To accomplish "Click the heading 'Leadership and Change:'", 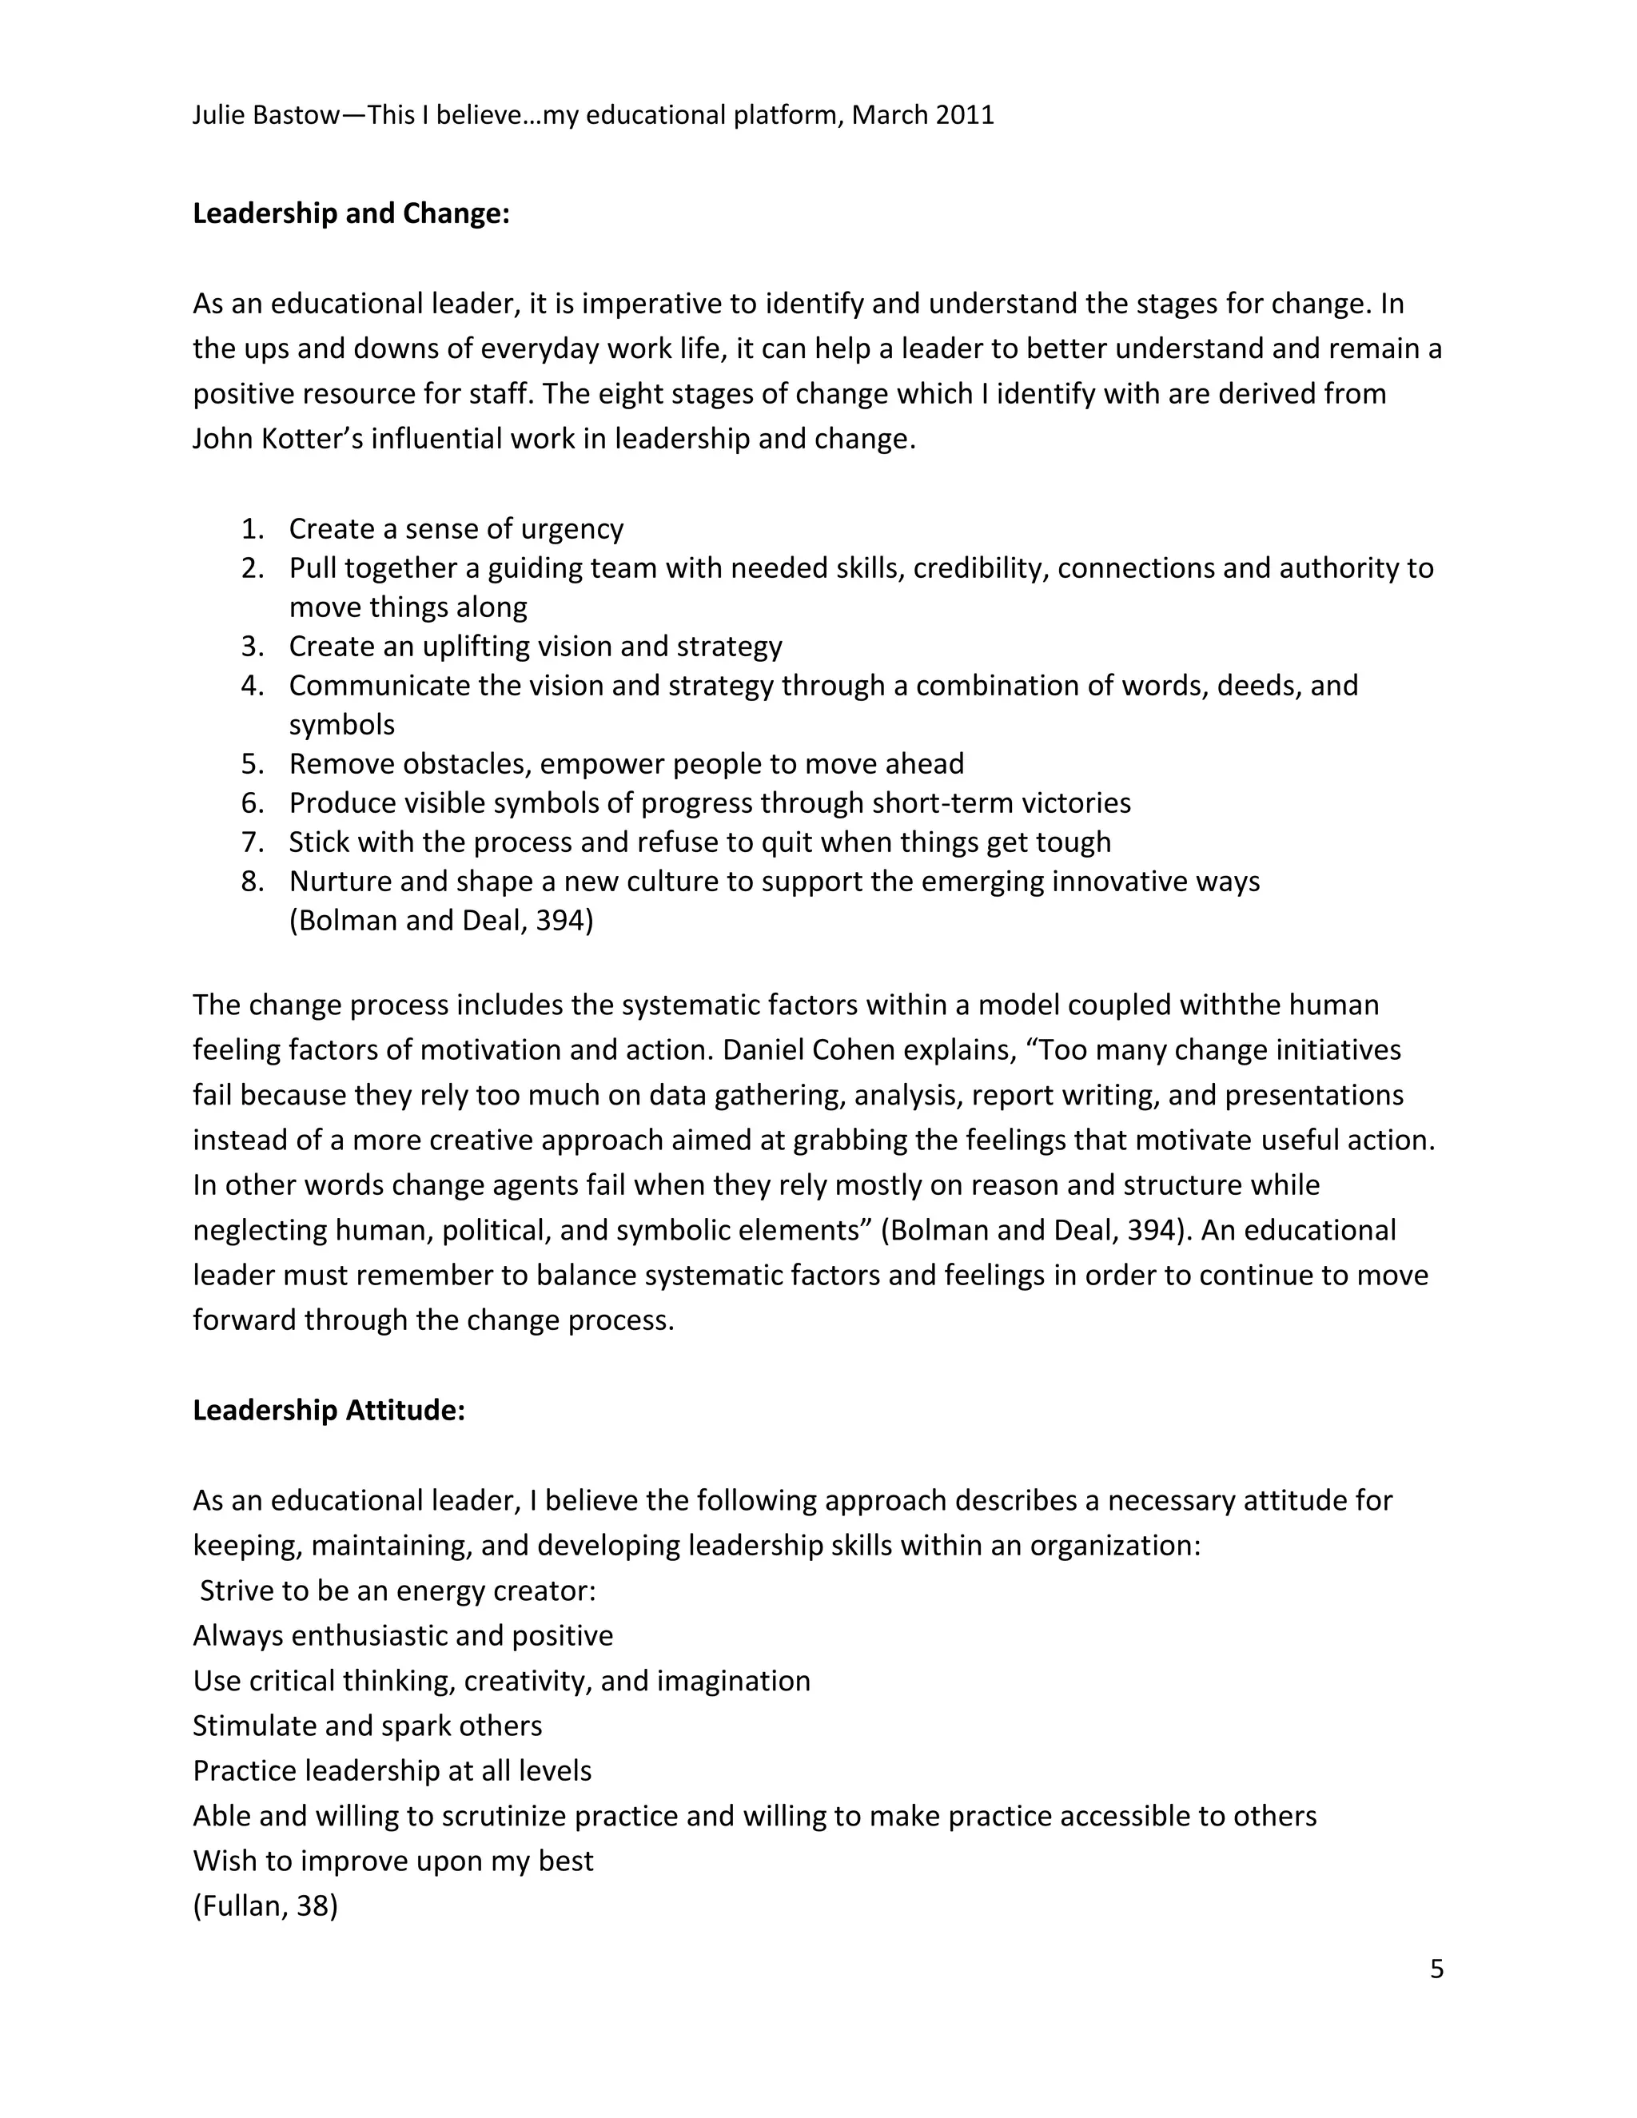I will coord(351,213).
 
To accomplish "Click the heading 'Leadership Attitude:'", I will coord(329,1410).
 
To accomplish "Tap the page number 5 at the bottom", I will coord(1436,1969).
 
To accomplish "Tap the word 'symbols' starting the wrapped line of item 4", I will coord(341,726).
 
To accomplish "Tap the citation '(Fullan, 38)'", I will coord(265,1906).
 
